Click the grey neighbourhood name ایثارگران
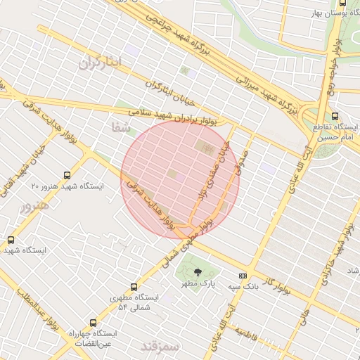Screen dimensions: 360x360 point(101,63)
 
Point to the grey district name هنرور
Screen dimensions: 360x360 point(34,207)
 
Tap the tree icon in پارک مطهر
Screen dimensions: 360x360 point(197,271)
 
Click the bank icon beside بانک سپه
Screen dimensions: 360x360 point(243,276)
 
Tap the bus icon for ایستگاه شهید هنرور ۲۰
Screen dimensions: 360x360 point(67,175)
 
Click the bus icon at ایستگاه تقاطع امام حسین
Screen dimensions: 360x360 point(333,117)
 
